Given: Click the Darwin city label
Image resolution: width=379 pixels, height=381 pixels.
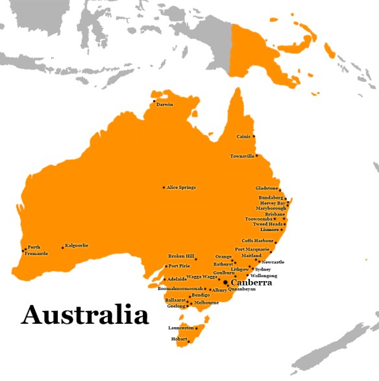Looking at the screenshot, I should (x=165, y=104).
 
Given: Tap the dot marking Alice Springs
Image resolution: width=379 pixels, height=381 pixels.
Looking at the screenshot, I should (x=164, y=188).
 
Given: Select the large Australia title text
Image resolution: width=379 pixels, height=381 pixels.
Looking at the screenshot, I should (x=85, y=315).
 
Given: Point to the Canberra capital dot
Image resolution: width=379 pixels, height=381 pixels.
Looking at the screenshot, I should (x=225, y=282).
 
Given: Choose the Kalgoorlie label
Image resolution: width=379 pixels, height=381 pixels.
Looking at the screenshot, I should (x=77, y=246).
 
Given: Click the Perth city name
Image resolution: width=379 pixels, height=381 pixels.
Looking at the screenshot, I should (x=34, y=247).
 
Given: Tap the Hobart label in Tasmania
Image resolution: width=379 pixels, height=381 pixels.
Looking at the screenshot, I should (x=178, y=339).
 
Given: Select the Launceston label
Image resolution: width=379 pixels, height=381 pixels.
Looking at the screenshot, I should (x=181, y=328).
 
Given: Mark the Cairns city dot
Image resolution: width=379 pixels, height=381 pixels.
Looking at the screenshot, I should (x=254, y=136).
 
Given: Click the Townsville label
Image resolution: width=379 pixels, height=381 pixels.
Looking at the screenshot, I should (x=242, y=156).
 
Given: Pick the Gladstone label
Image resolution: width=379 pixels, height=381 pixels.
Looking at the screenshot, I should (x=267, y=188).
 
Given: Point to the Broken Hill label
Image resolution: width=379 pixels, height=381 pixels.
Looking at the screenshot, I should (x=181, y=256).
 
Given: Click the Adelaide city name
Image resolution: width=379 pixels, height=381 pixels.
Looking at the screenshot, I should (x=159, y=279).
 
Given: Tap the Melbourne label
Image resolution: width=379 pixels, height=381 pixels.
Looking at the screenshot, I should (x=206, y=302).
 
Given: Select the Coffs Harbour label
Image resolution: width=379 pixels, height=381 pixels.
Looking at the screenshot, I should (x=258, y=241).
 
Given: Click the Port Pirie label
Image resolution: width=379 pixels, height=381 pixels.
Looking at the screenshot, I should (x=179, y=266).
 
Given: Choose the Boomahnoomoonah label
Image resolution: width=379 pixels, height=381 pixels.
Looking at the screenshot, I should (x=180, y=288).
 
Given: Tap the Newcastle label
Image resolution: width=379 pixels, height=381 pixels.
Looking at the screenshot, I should (x=273, y=262).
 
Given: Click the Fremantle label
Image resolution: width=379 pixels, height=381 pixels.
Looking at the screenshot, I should (x=36, y=254).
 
